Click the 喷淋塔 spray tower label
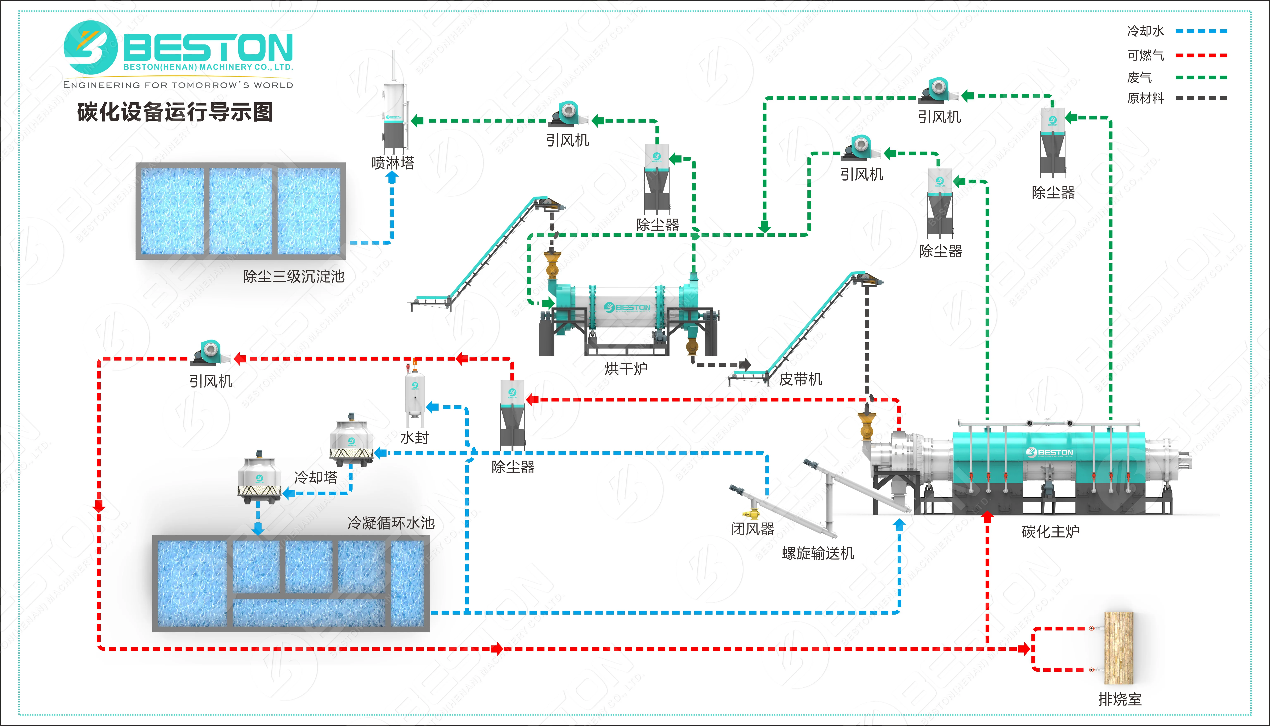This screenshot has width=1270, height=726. click(393, 162)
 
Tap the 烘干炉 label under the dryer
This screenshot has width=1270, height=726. click(626, 369)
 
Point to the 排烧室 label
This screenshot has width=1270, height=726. click(1120, 699)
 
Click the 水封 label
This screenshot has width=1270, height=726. click(414, 437)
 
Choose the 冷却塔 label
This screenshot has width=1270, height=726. click(316, 477)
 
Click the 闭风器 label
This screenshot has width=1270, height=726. click(753, 529)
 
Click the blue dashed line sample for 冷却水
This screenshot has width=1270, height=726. click(1201, 31)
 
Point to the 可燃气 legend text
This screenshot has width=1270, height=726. click(1145, 55)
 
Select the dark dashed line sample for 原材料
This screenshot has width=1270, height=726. click(1201, 98)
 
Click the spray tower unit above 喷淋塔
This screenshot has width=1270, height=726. click(394, 115)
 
